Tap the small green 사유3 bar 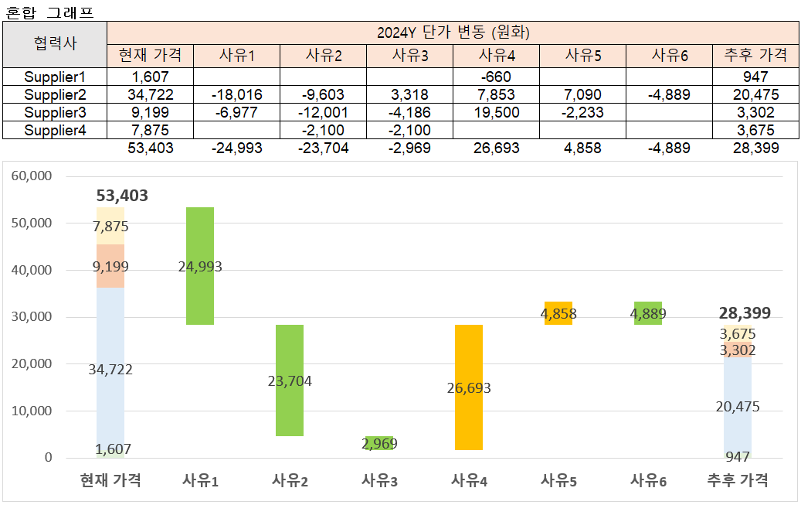tap(379, 443)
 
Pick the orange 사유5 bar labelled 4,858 tap(558, 313)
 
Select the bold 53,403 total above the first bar tap(122, 196)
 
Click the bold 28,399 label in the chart tap(744, 312)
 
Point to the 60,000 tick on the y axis tap(32, 176)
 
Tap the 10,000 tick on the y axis tap(32, 411)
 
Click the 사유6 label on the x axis tap(648, 480)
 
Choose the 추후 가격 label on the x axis tap(738, 480)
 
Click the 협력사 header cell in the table tap(55, 44)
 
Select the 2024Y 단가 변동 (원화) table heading tap(453, 32)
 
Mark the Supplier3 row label tap(55, 112)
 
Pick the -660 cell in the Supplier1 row tap(495, 77)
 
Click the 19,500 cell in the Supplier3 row tap(495, 112)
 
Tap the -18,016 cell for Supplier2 tap(236, 94)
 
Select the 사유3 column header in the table tap(409, 55)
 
